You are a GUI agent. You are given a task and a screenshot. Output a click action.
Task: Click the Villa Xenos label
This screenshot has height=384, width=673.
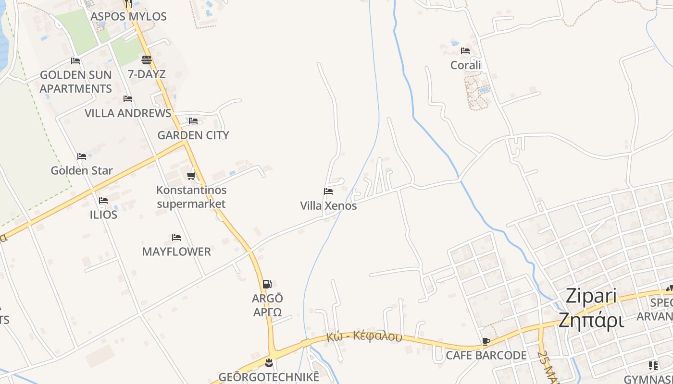point(328,206)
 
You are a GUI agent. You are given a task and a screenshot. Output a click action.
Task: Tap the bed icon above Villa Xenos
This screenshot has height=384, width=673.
point(328,192)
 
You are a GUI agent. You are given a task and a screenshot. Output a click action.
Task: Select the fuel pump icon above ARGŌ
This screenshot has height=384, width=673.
point(267,284)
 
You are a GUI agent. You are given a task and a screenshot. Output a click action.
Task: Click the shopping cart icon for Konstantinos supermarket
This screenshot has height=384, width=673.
point(191,176)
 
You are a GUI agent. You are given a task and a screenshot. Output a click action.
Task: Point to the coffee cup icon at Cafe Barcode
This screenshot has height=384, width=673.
point(486,341)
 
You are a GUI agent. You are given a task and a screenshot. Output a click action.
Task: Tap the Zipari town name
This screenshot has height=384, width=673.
point(591,296)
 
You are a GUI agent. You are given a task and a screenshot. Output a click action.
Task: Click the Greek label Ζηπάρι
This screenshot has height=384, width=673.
point(591,320)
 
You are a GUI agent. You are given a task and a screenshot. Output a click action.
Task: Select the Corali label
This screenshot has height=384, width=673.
point(465,65)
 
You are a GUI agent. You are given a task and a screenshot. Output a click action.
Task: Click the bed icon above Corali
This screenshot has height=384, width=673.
point(465,50)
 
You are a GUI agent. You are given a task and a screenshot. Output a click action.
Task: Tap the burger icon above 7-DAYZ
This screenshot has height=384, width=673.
point(147,60)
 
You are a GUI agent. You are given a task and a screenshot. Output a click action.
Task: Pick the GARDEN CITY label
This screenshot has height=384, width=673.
point(193,135)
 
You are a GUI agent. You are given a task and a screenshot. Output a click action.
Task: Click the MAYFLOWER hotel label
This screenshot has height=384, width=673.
point(176,252)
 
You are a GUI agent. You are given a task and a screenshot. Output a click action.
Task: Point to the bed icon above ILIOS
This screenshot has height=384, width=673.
point(103,200)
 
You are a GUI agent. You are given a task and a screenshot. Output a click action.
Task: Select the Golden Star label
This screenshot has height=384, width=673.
point(82,170)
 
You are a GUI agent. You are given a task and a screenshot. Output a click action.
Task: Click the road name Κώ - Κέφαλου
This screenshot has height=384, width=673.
point(364,336)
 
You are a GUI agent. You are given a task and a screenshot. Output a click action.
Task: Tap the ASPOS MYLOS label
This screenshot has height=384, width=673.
point(128,16)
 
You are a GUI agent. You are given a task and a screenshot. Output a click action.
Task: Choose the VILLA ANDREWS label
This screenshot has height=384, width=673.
point(128,113)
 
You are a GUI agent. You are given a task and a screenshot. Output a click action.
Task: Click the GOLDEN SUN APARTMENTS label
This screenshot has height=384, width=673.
point(75,82)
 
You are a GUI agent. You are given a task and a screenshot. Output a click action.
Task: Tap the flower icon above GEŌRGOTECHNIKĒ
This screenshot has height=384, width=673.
point(269,362)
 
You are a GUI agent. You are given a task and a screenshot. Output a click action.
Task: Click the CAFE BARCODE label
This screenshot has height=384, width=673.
point(486,356)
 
